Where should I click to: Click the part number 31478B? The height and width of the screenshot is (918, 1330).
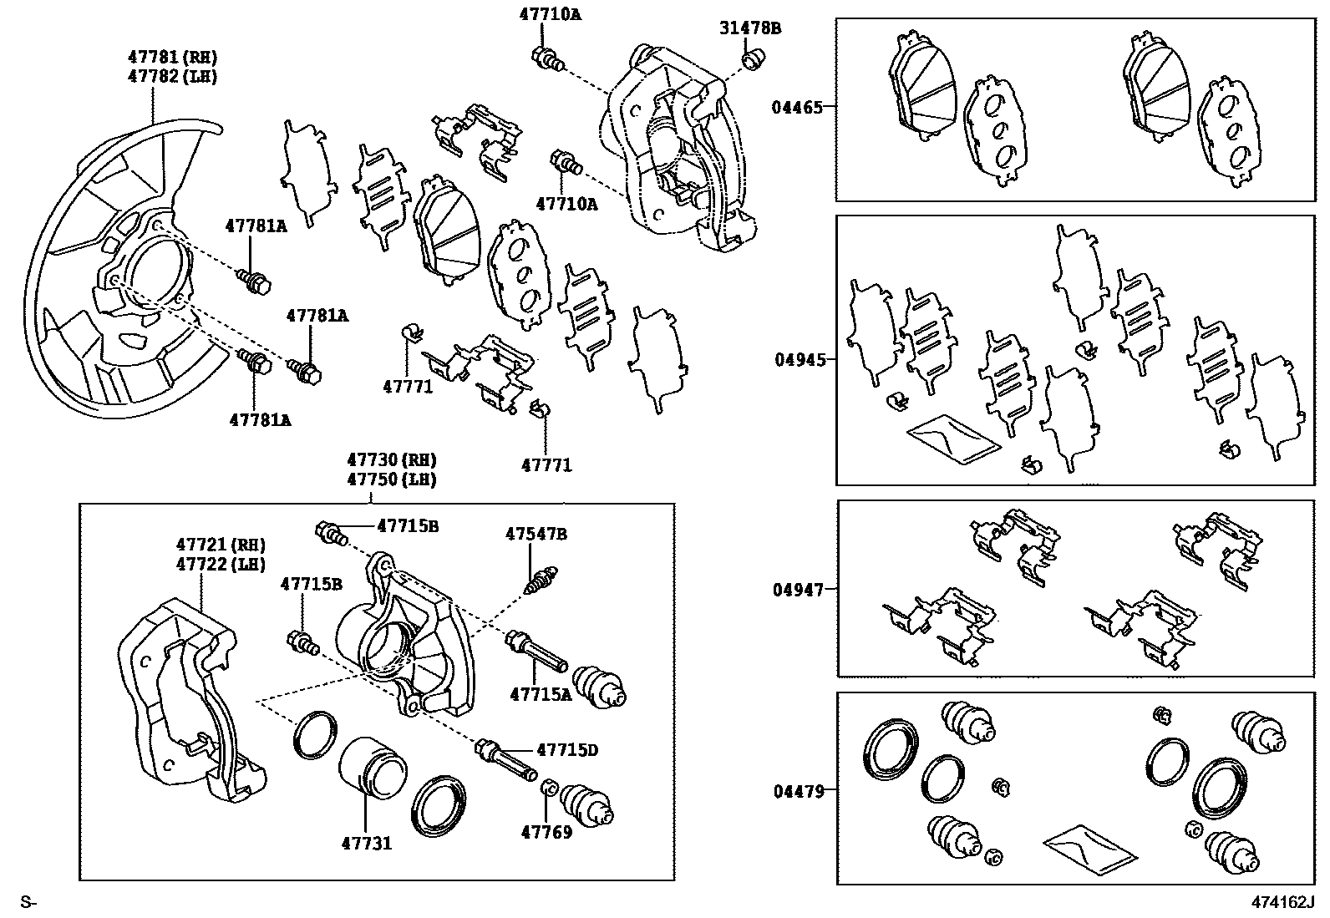point(750,28)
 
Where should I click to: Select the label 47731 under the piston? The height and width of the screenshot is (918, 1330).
point(366,843)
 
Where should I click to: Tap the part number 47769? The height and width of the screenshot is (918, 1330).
point(546,832)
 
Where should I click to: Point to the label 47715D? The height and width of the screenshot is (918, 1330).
point(567,750)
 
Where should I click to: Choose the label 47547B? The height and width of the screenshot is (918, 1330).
point(536,534)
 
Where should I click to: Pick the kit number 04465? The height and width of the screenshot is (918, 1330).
point(797,108)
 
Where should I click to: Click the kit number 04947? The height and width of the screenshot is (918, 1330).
point(798,590)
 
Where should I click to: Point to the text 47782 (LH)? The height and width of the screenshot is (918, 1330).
point(172,77)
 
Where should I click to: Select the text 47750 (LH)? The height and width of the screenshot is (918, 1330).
point(392,480)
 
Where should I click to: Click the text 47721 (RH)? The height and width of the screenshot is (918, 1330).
point(221,545)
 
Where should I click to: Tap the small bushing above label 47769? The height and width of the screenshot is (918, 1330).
point(551,788)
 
